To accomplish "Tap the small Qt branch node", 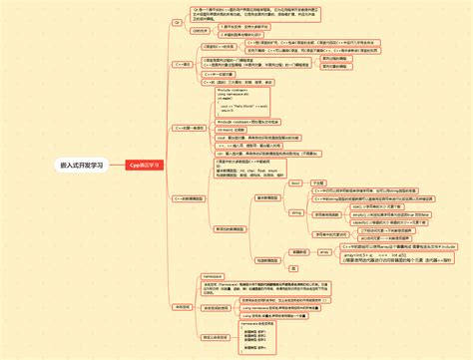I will click(179, 19).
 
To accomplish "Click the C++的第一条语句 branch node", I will click(191, 128).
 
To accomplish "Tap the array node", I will click(295, 251).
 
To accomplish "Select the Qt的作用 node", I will click(200, 30).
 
